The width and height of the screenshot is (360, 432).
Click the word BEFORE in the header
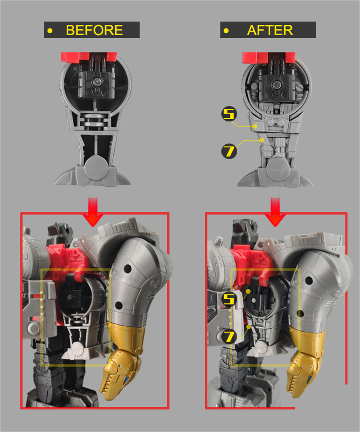(94, 30)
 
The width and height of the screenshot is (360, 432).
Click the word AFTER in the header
(270, 30)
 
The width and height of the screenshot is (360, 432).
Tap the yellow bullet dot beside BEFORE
(50, 31)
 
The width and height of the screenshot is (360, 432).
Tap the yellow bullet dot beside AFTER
(226, 31)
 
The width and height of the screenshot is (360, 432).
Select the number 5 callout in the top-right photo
(229, 114)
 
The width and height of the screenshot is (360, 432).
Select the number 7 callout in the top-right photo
(229, 151)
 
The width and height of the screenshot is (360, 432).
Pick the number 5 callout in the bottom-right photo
(229, 300)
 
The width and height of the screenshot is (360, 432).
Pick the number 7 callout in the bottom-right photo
(229, 336)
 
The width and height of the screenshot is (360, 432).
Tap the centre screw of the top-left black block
(96, 82)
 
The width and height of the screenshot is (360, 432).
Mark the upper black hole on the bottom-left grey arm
(127, 269)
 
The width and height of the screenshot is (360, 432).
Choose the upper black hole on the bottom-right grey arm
(309, 280)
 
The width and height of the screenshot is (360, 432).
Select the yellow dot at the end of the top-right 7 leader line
(262, 140)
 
